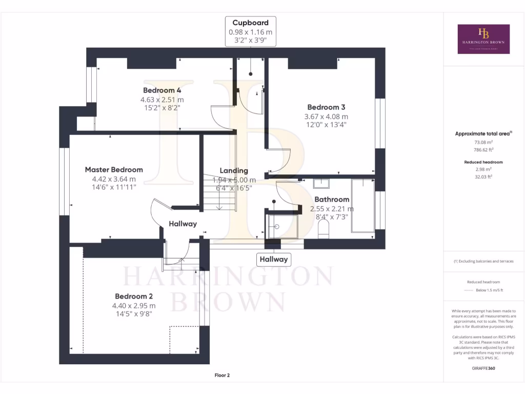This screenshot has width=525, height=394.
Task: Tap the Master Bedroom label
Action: (x=114, y=169)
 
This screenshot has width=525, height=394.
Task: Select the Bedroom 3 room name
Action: (x=326, y=107)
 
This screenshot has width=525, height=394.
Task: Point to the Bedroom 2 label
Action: (x=134, y=296)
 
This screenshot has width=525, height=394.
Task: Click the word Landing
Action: (x=234, y=170)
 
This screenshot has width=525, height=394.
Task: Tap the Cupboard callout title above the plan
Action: (x=250, y=23)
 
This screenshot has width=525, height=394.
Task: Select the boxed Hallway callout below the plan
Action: (x=273, y=259)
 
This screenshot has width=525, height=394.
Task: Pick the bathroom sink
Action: (x=321, y=183)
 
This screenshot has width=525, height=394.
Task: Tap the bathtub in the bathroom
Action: (x=362, y=205)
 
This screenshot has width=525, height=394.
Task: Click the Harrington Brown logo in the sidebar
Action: (x=483, y=39)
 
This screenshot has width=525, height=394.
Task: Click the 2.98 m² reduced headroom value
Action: (x=482, y=169)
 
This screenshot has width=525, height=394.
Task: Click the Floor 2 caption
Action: (x=222, y=376)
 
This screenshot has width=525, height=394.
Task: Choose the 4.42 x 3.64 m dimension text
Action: (x=114, y=179)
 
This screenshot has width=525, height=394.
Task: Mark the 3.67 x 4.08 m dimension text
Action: (x=326, y=116)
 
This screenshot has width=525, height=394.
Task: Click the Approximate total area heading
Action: (x=482, y=133)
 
